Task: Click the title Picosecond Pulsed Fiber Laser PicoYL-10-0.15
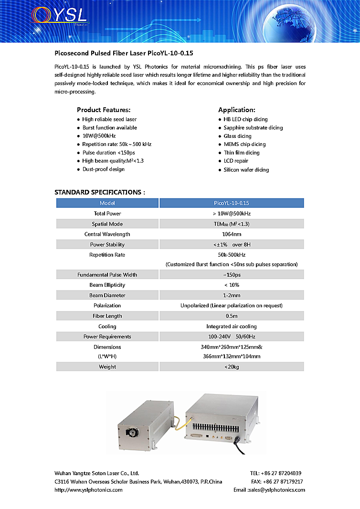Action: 124,53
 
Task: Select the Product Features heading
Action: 104,110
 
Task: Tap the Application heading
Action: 237,110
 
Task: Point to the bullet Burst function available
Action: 109,128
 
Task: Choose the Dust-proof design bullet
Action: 103,169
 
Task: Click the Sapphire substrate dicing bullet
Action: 253,128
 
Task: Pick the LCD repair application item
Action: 236,161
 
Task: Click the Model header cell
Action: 107,203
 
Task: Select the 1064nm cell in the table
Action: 232,234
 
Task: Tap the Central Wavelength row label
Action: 107,234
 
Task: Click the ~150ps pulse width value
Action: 232,275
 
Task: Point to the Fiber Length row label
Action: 107,316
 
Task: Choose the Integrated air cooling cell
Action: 232,327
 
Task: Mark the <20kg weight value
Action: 232,367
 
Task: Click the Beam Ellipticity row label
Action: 107,285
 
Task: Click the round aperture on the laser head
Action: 130,433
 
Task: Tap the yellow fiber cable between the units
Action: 178,423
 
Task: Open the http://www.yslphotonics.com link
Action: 88,490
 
